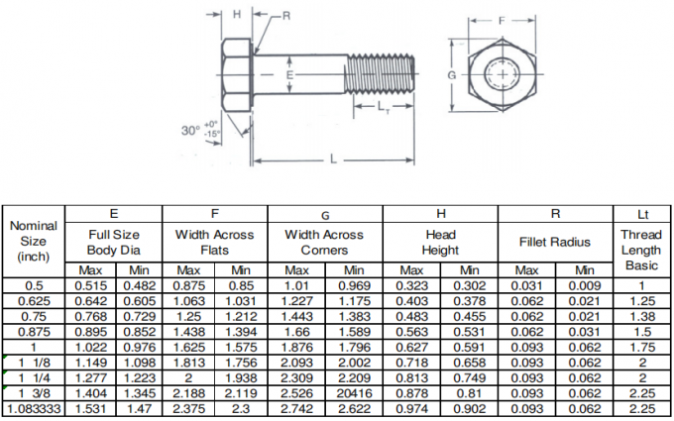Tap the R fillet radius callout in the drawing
tap(285, 16)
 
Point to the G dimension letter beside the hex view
tap(451, 75)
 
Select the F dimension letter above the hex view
tap(503, 20)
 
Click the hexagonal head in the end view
tap(503, 75)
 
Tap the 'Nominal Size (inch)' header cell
tap(34, 241)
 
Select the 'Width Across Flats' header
tap(214, 242)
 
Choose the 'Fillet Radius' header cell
tap(554, 242)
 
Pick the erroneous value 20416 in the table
tap(354, 393)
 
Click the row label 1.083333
tap(34, 407)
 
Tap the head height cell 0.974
tap(411, 407)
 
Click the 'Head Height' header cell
tap(440, 242)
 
